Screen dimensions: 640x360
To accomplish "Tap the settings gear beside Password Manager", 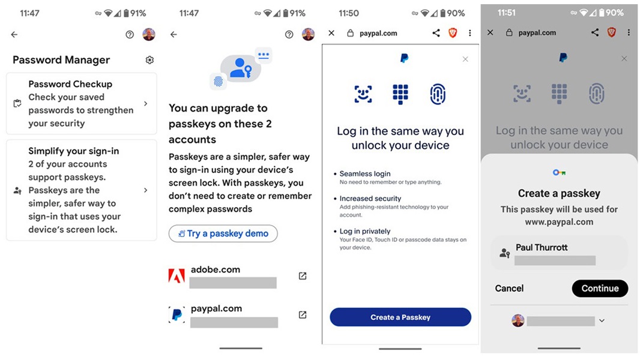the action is coord(150,60).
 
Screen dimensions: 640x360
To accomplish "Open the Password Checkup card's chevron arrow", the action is coord(146,104).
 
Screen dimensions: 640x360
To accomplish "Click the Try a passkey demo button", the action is coord(223,233).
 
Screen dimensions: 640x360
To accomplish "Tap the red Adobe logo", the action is coord(177,276).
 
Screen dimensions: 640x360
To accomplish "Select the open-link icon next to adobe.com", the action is coord(303,276).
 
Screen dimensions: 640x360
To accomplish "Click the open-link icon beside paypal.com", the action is coord(303,315).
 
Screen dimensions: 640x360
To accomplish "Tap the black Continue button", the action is coord(600,288).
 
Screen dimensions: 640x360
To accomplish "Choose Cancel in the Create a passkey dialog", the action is coord(509,288).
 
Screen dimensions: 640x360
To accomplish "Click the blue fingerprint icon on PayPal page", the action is coord(438,94).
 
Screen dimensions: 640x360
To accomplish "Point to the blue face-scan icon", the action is coord(363,94).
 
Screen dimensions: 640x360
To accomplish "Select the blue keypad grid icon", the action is coord(400,94).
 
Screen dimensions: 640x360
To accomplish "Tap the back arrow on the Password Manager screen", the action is coord(14,35).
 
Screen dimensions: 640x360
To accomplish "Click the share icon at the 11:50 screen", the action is coord(436,33).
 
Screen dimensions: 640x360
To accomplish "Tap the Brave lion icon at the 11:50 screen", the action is coord(453,33).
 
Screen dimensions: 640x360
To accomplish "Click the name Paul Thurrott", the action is coord(542,247).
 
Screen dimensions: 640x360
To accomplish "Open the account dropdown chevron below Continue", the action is coord(602,321).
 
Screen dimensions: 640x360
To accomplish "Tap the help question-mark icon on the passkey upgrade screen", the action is coord(289,35).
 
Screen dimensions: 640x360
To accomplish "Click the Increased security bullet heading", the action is coord(370,199).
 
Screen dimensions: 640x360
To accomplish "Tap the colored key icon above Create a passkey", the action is coord(559,173).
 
